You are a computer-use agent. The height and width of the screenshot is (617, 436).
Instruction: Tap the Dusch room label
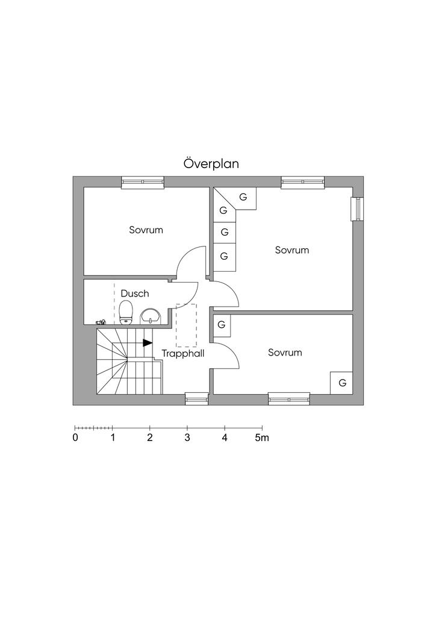tap(135, 293)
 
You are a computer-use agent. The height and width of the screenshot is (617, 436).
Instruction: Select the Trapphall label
tap(183, 354)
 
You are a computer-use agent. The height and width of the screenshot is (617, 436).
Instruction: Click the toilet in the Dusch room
tap(126, 312)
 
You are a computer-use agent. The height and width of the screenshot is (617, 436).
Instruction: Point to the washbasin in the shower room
tap(150, 316)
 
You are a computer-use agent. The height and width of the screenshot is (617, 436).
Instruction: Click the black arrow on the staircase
tap(148, 343)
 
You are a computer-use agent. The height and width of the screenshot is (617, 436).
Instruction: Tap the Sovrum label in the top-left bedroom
tap(146, 230)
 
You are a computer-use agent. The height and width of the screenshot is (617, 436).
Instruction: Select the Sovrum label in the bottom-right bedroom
tap(285, 352)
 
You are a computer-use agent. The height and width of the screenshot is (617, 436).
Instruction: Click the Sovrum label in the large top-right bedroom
tap(292, 249)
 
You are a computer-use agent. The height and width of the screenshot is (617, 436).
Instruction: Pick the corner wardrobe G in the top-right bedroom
tap(243, 197)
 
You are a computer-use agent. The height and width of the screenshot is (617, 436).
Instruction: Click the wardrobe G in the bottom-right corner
tap(342, 383)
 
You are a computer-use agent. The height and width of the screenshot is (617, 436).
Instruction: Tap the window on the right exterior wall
tap(357, 208)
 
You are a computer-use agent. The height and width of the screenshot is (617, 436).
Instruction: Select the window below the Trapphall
tap(196, 398)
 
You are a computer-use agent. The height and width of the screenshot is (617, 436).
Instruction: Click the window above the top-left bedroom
tap(143, 181)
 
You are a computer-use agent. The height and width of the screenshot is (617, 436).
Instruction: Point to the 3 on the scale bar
tap(187, 438)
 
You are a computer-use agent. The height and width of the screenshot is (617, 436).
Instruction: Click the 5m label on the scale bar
tap(261, 438)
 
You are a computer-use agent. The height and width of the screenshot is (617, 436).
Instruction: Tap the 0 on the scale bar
tap(75, 438)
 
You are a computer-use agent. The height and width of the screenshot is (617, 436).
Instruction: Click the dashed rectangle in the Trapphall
tap(186, 325)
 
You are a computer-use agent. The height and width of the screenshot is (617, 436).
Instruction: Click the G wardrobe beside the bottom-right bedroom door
tap(222, 324)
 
